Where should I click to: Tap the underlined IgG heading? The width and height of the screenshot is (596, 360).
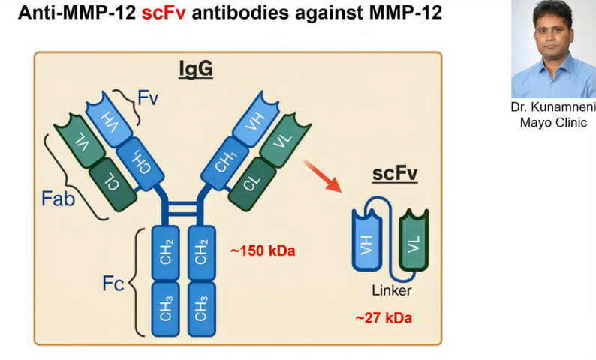coord(196,69)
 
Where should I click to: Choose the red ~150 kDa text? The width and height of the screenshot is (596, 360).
coord(263,250)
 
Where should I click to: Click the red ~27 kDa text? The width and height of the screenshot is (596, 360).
coord(383,317)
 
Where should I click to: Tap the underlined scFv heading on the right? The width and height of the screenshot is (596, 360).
coord(395,175)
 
